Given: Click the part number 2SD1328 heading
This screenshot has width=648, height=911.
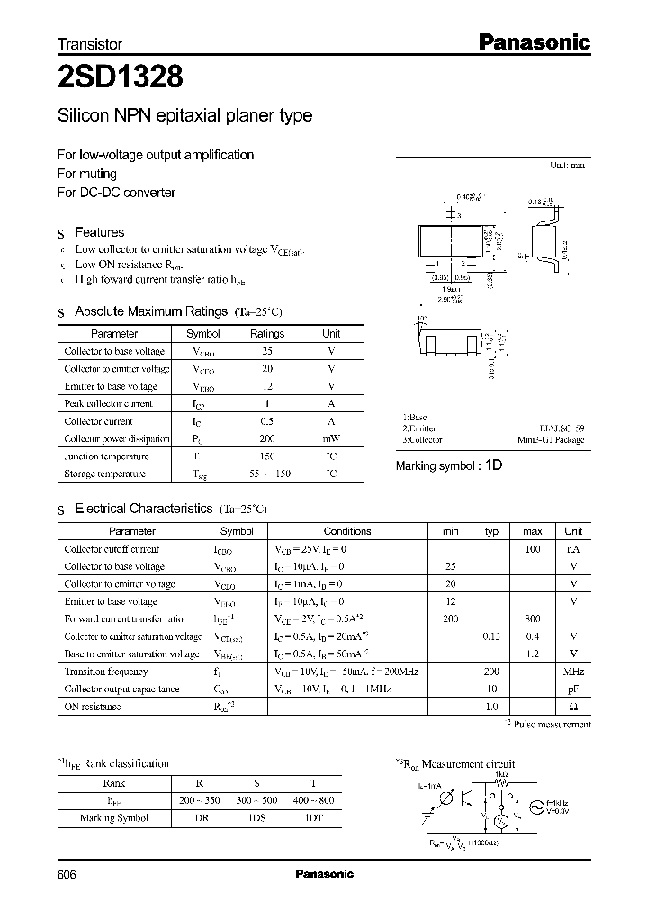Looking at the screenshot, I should [121, 78].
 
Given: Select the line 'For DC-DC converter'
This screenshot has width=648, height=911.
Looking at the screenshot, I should [116, 193].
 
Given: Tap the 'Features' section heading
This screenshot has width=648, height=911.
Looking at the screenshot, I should [99, 232].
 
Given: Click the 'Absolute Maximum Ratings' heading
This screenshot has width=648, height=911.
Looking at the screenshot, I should [150, 311].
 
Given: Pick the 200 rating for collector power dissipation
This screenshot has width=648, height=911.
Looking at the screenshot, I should [266, 438].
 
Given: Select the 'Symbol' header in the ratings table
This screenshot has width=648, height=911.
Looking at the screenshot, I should [203, 334].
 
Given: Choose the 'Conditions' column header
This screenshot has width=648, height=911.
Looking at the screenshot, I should [347, 531].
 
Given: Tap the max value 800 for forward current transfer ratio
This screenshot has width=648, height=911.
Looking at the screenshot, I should [532, 619].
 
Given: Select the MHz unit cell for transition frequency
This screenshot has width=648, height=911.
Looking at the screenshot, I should [573, 672].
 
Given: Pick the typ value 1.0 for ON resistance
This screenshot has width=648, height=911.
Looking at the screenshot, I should [491, 707].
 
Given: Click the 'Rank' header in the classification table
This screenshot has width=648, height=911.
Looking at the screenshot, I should [113, 783].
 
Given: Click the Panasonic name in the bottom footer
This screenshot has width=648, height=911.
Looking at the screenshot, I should [324, 874].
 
